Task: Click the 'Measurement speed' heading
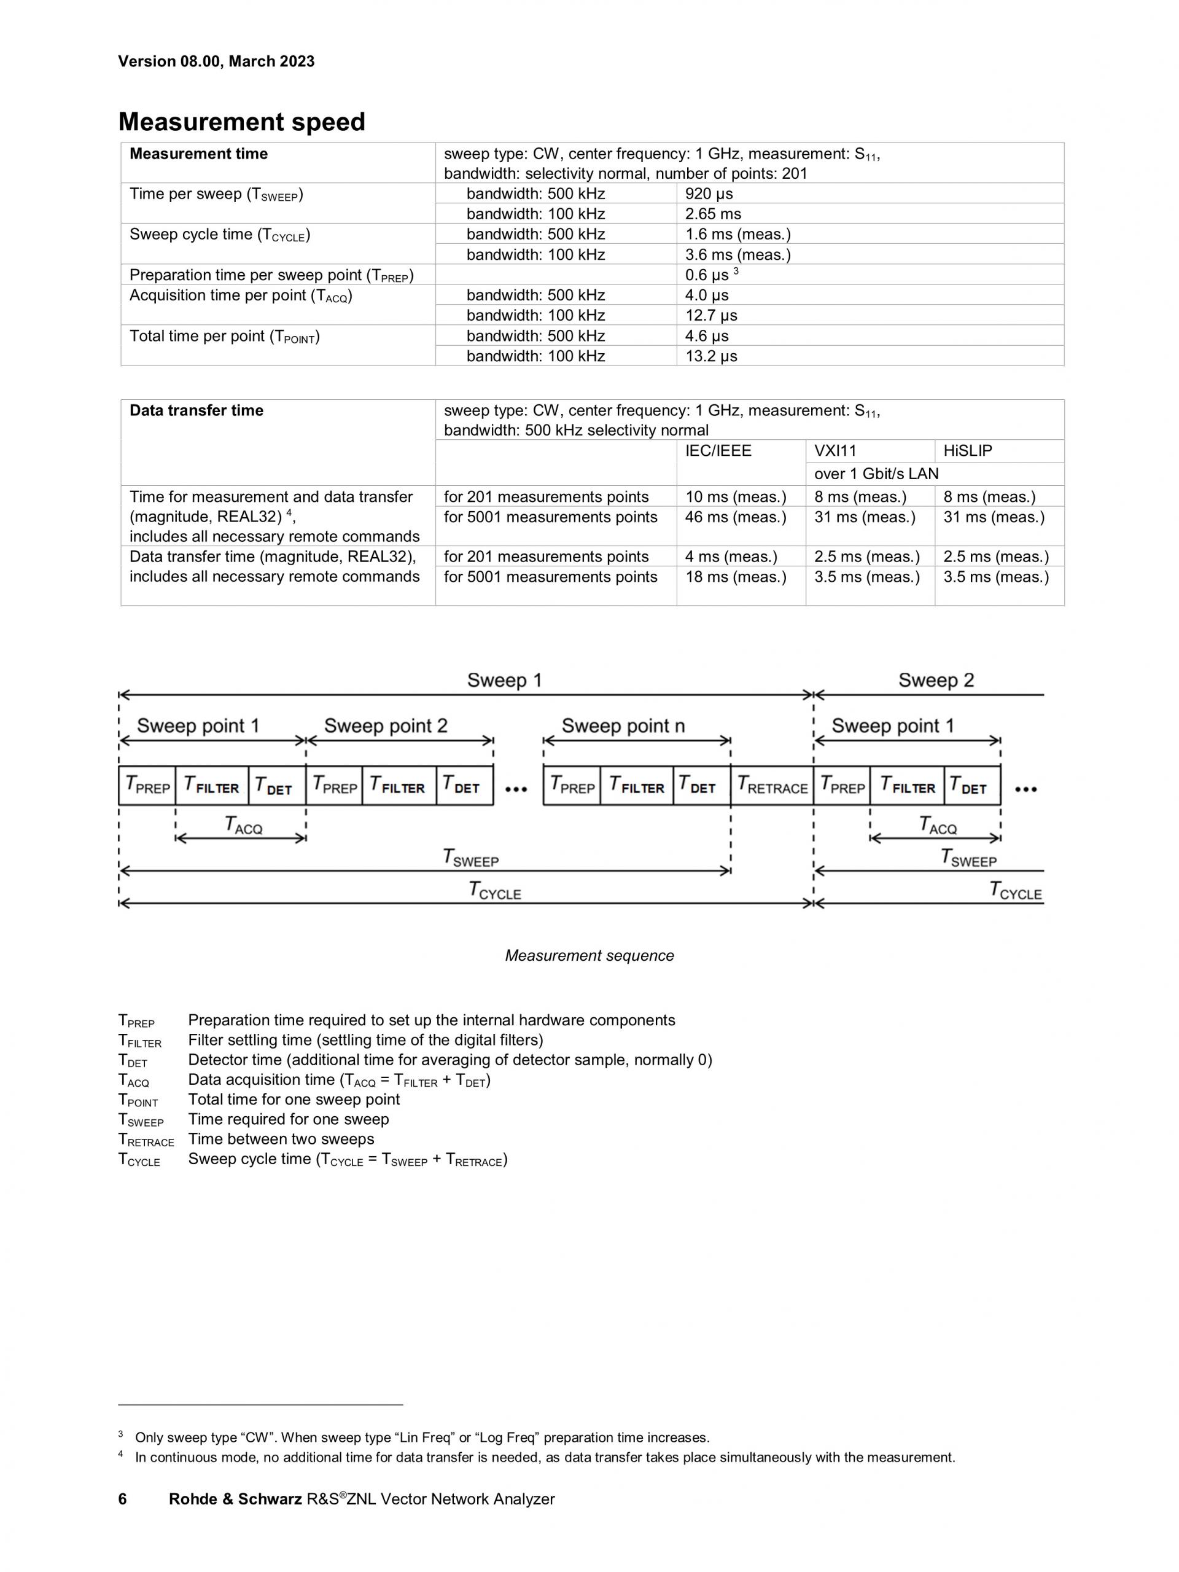point(241,122)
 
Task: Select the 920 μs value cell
point(709,194)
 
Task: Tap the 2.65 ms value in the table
point(713,214)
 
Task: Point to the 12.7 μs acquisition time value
point(711,316)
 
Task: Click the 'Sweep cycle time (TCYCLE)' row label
point(219,235)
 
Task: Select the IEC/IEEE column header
point(718,450)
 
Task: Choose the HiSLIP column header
point(967,450)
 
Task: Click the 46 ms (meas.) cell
point(736,517)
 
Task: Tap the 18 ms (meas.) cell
point(736,577)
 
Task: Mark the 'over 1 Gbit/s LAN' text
point(876,474)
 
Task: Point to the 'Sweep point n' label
point(623,725)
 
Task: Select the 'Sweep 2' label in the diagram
point(936,680)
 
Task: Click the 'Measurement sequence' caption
point(589,956)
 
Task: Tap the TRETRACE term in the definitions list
point(146,1140)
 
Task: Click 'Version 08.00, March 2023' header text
point(216,61)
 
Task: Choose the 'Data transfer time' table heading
point(196,411)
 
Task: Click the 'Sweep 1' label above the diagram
point(504,680)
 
